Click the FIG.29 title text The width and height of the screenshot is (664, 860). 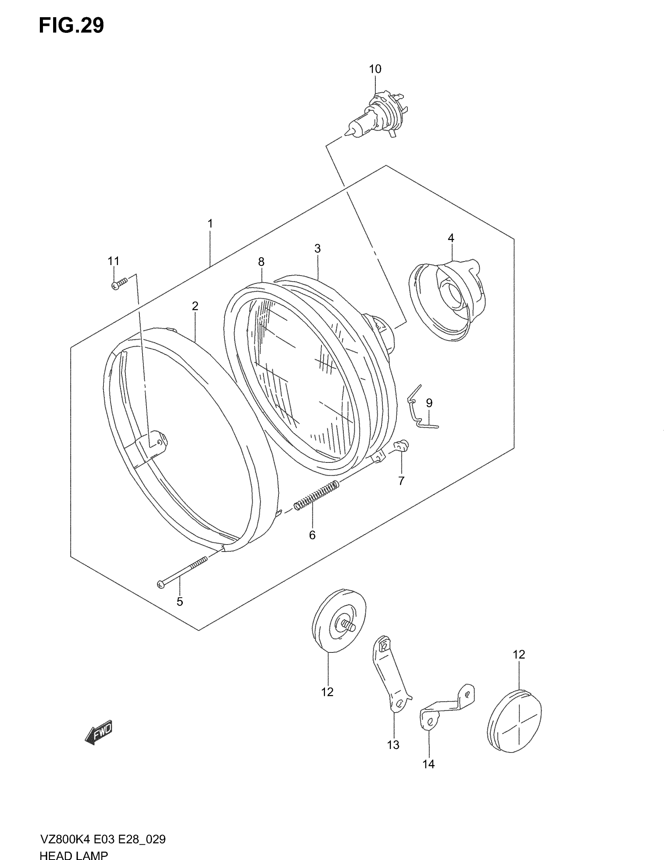(x=71, y=26)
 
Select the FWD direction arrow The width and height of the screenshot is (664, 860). (x=99, y=732)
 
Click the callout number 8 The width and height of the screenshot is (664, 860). (x=261, y=262)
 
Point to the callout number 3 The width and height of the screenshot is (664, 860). (x=318, y=249)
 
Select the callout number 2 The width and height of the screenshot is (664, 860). (x=195, y=306)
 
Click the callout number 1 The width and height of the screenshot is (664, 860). (x=210, y=224)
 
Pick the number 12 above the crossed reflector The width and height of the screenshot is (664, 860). (x=519, y=654)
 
